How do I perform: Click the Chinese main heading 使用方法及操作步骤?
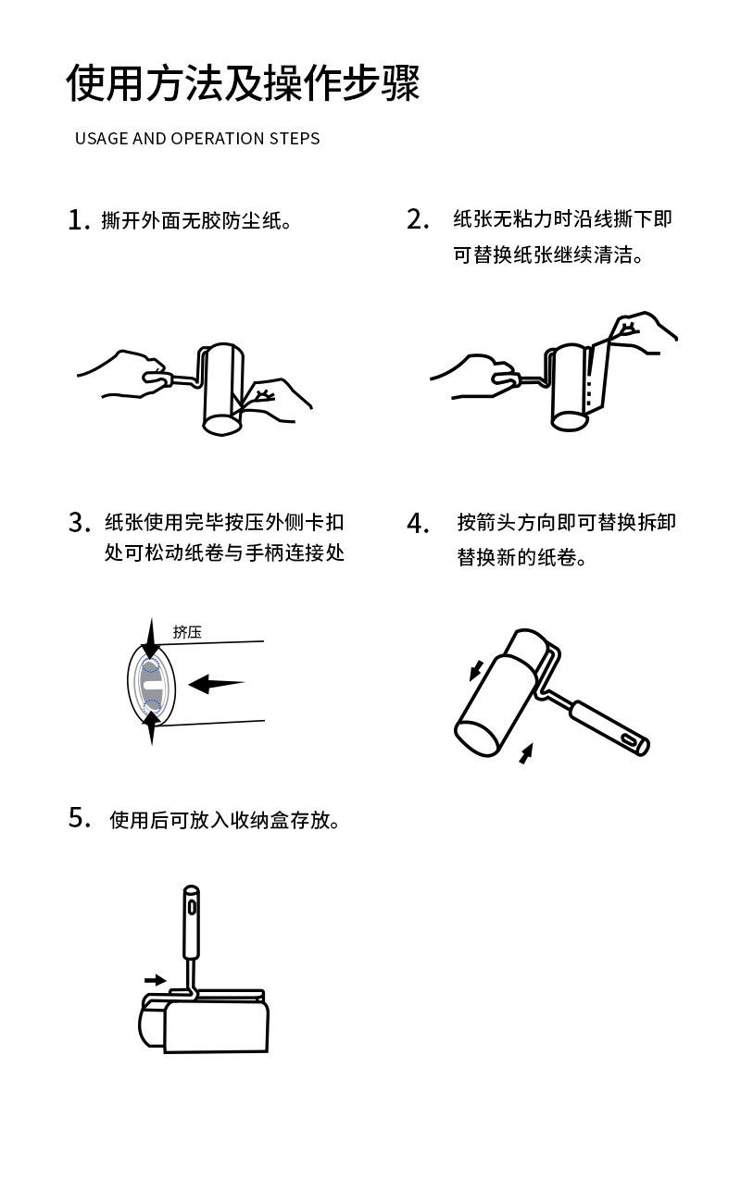pos(243,82)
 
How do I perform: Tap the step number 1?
pos(79,220)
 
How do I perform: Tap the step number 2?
pos(418,219)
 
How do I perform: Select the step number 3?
pos(80,523)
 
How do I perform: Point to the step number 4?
pos(418,523)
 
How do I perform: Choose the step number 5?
pos(80,818)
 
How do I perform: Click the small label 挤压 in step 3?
pos(187,631)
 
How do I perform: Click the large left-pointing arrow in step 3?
pos(217,684)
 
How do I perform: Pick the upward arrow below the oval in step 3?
pos(152,727)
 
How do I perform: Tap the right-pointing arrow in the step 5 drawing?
pos(156,980)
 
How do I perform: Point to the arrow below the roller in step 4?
pos(526,753)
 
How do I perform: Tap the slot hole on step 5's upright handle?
pos(192,908)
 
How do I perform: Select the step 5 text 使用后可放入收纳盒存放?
pos(224,820)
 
